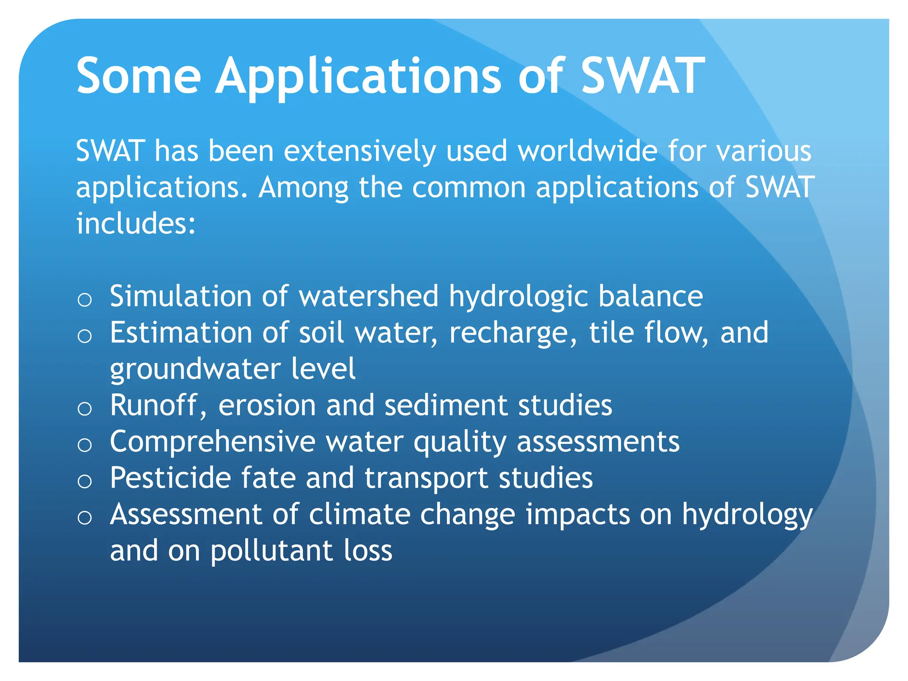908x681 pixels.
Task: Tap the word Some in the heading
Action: click(x=138, y=76)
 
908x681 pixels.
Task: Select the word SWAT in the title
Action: click(x=643, y=76)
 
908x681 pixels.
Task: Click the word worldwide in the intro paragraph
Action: click(x=587, y=151)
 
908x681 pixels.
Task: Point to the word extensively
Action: click(x=359, y=151)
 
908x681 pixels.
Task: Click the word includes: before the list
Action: click(x=136, y=223)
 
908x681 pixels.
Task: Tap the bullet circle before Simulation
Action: click(x=84, y=300)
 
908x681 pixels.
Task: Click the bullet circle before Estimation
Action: click(x=84, y=336)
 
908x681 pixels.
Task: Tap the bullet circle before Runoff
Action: click(x=84, y=409)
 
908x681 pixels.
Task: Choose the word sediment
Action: click(x=446, y=405)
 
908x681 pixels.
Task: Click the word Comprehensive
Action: click(x=212, y=442)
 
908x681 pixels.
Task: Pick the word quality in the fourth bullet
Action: click(x=459, y=442)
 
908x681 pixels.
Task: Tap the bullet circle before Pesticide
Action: click(x=84, y=481)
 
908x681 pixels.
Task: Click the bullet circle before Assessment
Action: click(x=84, y=518)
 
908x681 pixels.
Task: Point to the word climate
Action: click(x=359, y=515)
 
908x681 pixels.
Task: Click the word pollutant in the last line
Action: click(x=271, y=551)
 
